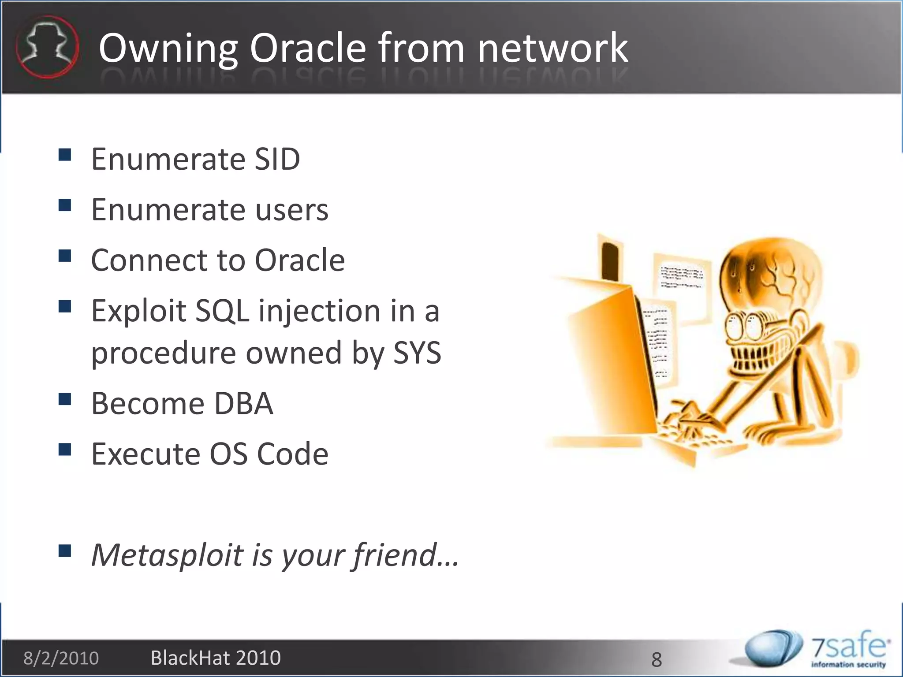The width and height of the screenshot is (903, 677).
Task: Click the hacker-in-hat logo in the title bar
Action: click(47, 47)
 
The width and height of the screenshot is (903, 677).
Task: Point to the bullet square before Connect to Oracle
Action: click(65, 256)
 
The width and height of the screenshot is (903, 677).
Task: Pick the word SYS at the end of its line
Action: click(417, 353)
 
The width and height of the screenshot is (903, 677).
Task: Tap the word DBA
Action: click(243, 403)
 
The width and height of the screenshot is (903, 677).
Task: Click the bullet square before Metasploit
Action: click(65, 551)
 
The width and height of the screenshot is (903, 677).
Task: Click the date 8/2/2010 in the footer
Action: click(61, 658)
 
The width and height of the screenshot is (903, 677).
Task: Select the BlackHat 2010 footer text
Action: click(216, 658)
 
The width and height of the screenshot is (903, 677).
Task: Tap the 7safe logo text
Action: click(848, 647)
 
